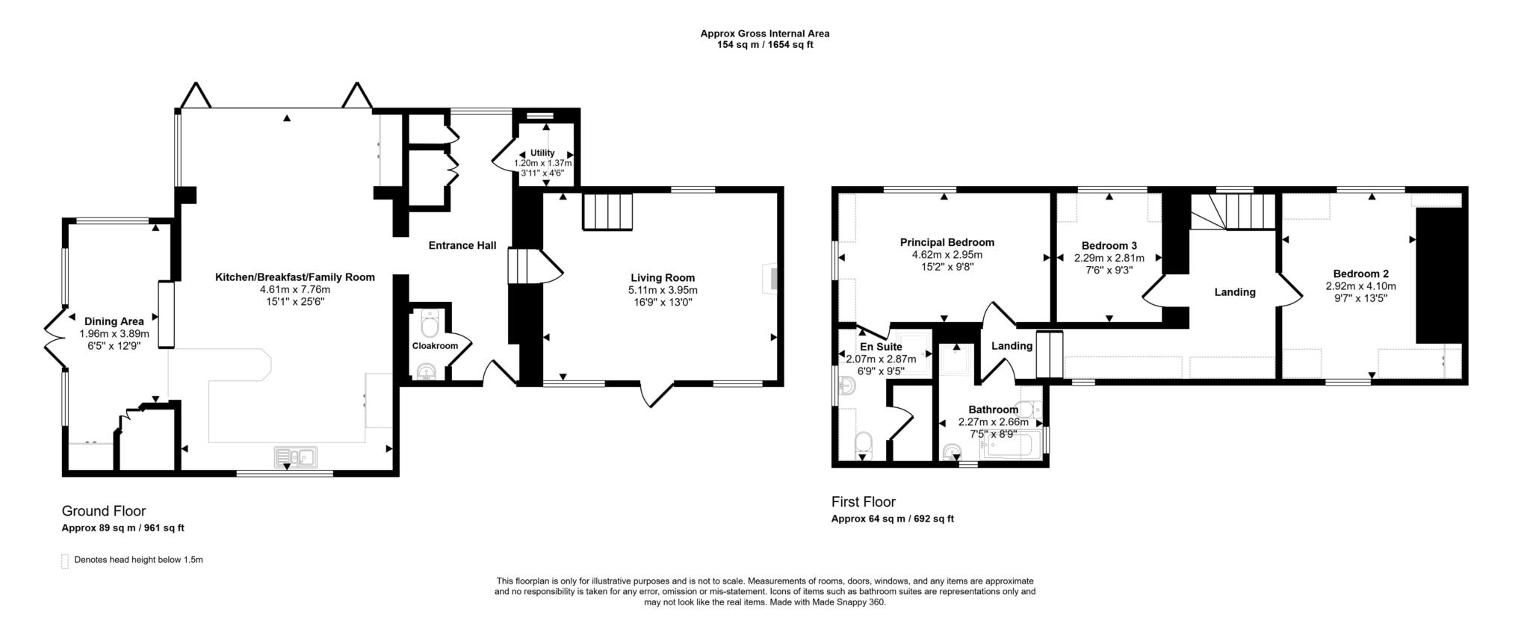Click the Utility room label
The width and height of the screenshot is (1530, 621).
point(542,152)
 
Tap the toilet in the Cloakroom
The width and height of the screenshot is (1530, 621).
point(430,325)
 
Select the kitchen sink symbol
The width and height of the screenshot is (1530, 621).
point(296,456)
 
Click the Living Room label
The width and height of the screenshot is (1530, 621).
point(662,277)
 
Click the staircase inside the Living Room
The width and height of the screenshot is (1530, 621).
point(607,211)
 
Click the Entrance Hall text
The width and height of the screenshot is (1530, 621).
point(462,245)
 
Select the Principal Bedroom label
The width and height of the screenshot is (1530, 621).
point(947,242)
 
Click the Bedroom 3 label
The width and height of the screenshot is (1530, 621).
point(1109,245)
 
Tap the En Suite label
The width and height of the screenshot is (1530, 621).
point(881,347)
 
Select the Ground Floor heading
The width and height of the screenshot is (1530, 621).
point(103,511)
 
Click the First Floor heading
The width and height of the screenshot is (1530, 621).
point(863,501)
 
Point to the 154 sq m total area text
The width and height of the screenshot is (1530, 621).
point(764,45)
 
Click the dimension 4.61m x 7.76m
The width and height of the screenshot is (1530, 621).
point(294,289)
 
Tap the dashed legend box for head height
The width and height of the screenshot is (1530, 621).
point(65,560)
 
